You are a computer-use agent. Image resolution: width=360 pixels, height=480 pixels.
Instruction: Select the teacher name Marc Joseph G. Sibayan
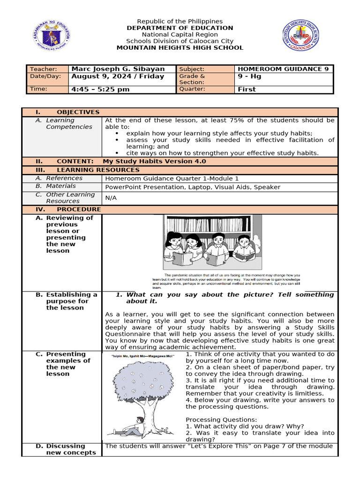tap(118, 69)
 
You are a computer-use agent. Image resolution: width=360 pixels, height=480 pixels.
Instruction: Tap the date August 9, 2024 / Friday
tap(118, 76)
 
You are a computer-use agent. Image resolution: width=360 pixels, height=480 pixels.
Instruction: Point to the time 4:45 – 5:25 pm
tap(100, 89)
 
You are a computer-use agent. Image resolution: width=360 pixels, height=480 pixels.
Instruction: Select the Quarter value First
tap(247, 89)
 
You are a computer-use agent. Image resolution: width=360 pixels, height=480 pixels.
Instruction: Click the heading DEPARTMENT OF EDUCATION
tap(180, 28)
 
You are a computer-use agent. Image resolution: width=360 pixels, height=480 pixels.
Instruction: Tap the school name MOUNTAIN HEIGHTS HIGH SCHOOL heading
tap(180, 47)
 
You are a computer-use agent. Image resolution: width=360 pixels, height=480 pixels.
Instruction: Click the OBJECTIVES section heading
tap(78, 112)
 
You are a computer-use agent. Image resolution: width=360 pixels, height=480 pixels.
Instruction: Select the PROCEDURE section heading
tap(78, 209)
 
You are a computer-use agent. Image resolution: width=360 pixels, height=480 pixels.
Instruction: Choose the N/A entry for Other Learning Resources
tap(111, 198)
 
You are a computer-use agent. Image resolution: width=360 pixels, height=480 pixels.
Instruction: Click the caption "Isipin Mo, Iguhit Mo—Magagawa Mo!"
tap(143, 357)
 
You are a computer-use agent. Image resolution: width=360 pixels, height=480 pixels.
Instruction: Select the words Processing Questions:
tap(215, 420)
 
